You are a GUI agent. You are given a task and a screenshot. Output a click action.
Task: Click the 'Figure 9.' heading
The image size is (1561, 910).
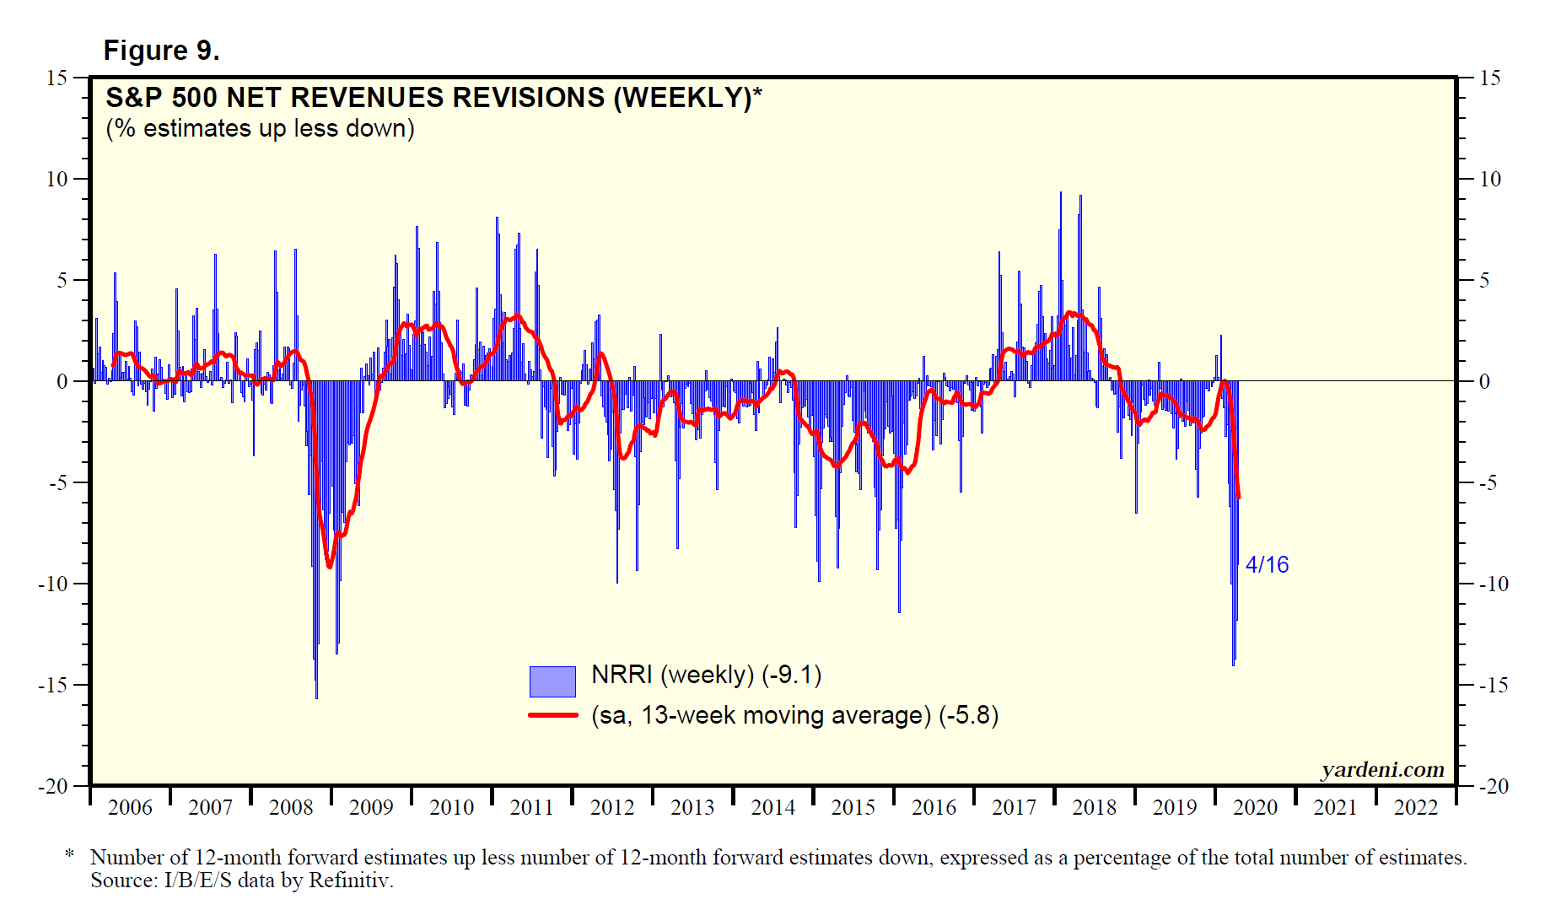point(161,51)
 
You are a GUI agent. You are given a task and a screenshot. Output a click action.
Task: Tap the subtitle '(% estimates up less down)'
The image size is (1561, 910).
point(260,129)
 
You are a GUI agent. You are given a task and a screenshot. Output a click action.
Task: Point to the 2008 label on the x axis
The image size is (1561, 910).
point(291,808)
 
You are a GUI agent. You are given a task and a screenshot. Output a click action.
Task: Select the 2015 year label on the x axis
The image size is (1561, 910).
point(853,808)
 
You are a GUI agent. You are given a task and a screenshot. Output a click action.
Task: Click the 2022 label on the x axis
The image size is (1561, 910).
point(1416,808)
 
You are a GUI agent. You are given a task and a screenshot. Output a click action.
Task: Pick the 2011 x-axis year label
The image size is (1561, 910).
point(532,808)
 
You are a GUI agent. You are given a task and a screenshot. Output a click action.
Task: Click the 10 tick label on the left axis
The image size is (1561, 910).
point(57,179)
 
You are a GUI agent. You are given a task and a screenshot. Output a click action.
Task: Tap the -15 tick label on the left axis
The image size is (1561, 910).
point(52,685)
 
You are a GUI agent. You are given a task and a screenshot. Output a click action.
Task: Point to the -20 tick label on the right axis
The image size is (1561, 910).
point(1494,786)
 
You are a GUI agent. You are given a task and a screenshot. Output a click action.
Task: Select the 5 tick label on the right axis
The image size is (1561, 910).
point(1485,280)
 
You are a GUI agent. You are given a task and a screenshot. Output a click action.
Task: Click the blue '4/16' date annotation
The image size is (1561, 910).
point(1267,565)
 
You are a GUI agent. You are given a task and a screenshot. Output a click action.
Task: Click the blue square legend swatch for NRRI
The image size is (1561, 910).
point(552,681)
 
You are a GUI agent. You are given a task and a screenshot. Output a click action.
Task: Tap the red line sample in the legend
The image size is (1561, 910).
point(552,715)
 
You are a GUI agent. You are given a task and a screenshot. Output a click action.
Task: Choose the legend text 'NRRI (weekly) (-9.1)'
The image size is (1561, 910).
point(707,675)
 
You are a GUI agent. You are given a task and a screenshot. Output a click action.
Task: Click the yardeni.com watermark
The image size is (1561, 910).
point(1382,769)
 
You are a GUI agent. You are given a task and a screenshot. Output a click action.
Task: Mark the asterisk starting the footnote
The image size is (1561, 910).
point(70,854)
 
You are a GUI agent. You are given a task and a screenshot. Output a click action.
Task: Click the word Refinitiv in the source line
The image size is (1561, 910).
point(350,880)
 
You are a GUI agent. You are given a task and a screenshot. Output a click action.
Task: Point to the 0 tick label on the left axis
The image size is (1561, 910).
point(62,381)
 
